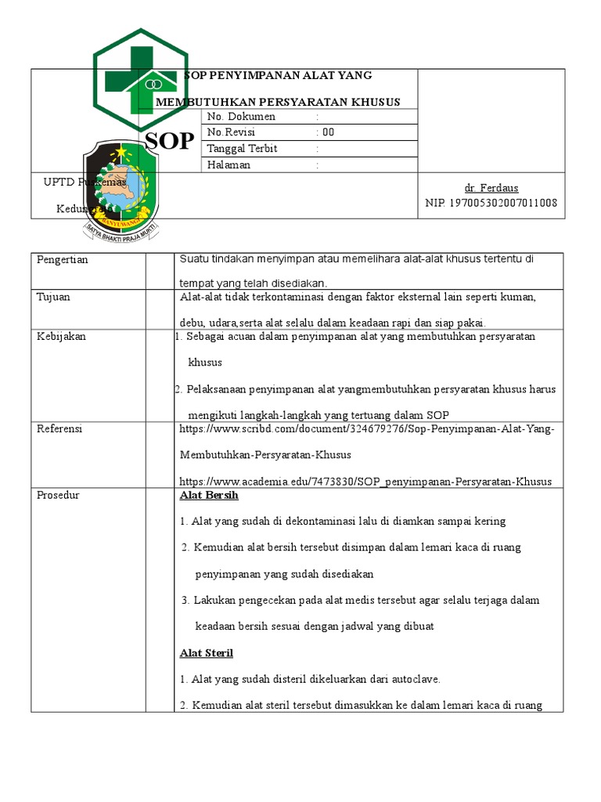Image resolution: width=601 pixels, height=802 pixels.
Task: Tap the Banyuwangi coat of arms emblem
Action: coord(121,191)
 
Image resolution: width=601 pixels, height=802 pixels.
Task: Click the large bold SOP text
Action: coord(170,142)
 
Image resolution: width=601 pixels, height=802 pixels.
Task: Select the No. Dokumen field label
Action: coord(241,117)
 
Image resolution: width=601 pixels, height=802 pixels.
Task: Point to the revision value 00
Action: coord(328,132)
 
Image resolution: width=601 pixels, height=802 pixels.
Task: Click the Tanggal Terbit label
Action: coord(242,149)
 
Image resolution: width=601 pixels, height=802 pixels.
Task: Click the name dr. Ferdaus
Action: coord(491,188)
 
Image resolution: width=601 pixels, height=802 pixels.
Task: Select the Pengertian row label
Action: coord(63,260)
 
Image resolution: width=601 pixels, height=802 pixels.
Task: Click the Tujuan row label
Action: coord(54,298)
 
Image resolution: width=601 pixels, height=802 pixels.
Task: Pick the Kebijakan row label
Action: coord(61,336)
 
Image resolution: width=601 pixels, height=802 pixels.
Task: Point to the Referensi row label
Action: coord(59,429)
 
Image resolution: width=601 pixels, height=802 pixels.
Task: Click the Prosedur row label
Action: coord(58,495)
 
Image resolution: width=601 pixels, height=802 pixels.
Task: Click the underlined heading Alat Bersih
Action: coord(209,496)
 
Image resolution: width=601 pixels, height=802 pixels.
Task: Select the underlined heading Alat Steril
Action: coord(207,653)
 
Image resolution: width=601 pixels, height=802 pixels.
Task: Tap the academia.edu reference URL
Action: coord(365,482)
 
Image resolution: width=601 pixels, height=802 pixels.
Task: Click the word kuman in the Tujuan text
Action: coord(520,298)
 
